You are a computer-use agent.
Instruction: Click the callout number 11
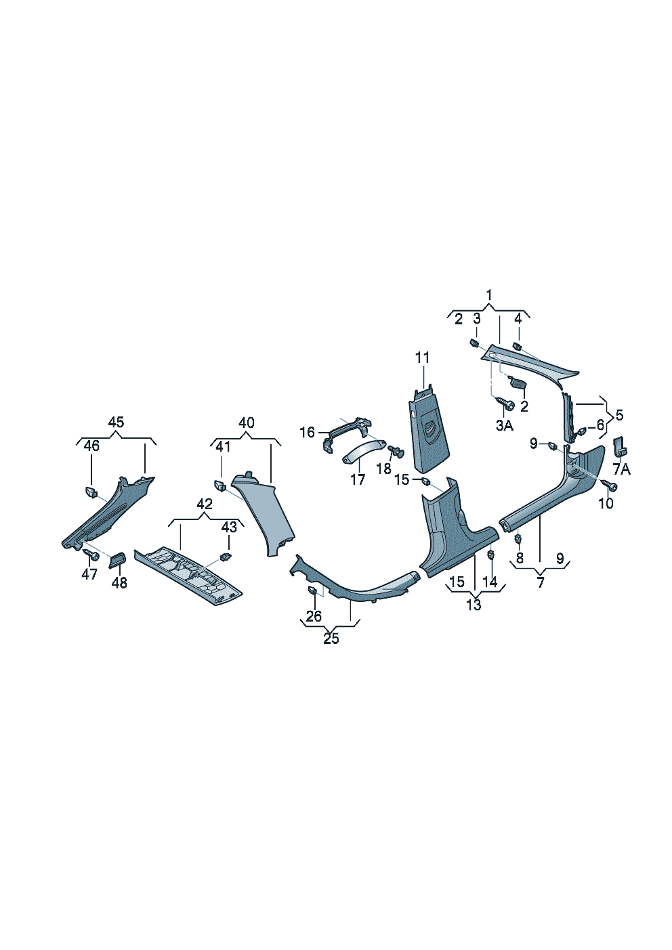coord(422,358)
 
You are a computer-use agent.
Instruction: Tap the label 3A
coord(505,425)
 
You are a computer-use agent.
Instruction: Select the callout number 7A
coord(621,470)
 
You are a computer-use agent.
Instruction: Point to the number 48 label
coord(119,583)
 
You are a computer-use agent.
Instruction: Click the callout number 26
coord(314,616)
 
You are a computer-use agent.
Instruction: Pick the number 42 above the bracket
coord(205,504)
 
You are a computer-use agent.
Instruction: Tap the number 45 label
coord(116,422)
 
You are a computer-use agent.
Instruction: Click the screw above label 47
coord(90,554)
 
